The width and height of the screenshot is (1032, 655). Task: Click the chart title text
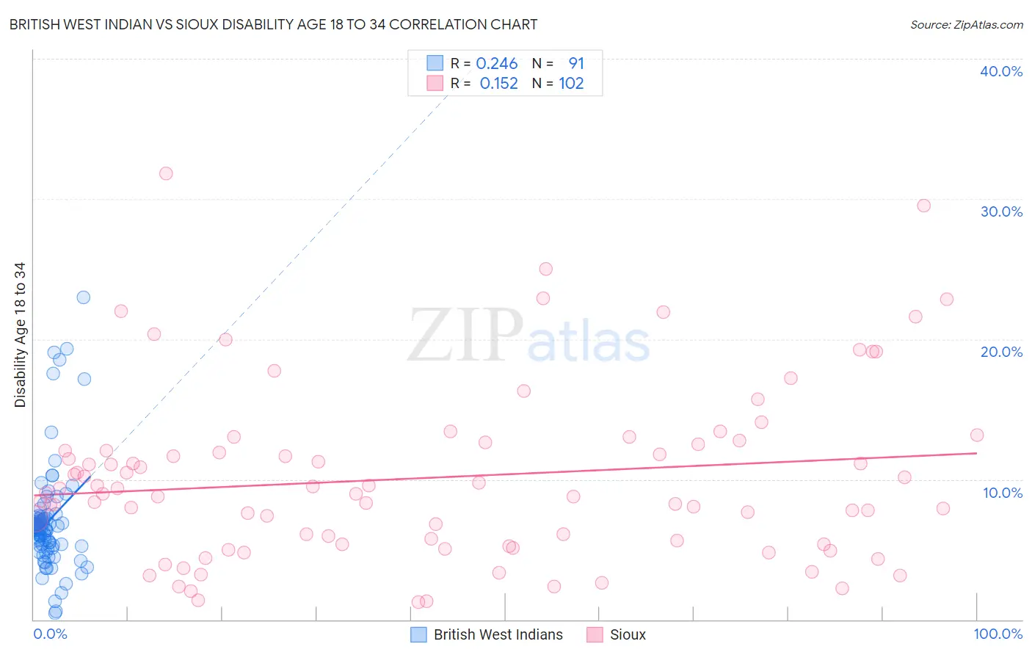(273, 24)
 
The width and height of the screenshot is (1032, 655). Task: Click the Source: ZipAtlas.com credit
(966, 24)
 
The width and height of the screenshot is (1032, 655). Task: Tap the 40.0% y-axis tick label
(1000, 71)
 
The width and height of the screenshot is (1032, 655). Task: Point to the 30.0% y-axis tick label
(1000, 211)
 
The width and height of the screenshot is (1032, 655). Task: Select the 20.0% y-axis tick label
(1000, 352)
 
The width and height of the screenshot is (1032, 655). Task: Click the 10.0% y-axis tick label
(1002, 493)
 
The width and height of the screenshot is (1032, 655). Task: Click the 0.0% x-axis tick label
(50, 634)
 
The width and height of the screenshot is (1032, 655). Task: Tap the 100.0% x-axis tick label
(998, 634)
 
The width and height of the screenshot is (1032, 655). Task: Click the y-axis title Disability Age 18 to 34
(20, 335)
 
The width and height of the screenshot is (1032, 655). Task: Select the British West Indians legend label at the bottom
(498, 634)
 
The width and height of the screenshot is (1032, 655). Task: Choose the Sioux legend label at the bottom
(628, 634)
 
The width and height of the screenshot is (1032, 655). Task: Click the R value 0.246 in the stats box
(497, 64)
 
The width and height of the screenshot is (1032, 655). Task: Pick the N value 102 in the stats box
(571, 84)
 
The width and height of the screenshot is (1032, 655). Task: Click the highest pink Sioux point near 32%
(166, 173)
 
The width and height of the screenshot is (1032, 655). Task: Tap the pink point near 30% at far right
(923, 206)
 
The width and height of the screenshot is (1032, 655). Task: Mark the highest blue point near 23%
(84, 297)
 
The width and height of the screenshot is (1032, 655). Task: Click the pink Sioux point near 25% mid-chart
(545, 269)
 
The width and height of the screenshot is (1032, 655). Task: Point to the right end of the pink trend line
(976, 453)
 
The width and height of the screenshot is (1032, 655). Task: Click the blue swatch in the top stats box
(435, 63)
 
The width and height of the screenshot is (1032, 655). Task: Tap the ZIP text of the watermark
(465, 336)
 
